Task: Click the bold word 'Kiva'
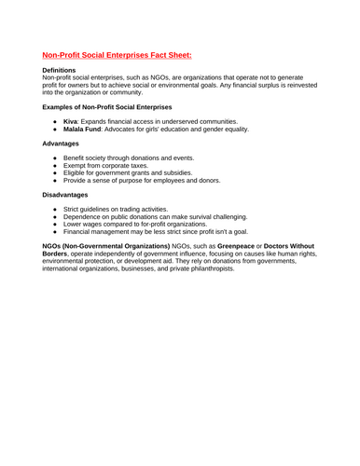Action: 70,123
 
